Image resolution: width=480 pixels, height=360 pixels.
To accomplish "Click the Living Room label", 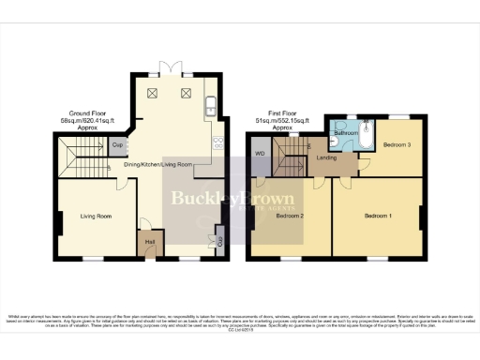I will coord(96,217).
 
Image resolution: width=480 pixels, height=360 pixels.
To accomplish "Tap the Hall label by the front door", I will coord(149,242).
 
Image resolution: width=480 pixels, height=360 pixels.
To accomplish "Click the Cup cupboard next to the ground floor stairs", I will coord(119,145).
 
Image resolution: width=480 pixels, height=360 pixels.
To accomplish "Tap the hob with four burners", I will coord(217,143).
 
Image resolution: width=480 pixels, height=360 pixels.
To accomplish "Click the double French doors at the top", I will coord(172,69).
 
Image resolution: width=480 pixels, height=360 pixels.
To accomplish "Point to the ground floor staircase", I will coord(81,155).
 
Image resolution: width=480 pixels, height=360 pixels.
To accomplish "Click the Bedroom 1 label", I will coord(379,217).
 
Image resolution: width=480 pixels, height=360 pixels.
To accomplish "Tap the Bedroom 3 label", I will coord(396,144).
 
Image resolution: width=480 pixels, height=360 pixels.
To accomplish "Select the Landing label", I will coord(327,157).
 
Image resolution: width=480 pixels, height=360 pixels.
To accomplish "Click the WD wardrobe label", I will coord(260,154).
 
